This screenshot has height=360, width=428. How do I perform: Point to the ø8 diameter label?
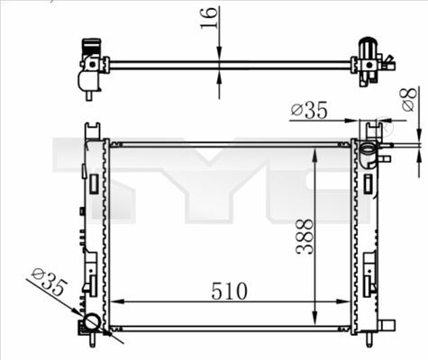pos(408,101)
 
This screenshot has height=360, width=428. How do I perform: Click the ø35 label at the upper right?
pos(309,111)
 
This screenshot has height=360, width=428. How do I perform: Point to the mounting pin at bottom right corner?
pos(369,339)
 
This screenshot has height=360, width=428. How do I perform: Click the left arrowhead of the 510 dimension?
pos(114,302)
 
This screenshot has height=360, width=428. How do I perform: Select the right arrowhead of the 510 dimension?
pos(348,302)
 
